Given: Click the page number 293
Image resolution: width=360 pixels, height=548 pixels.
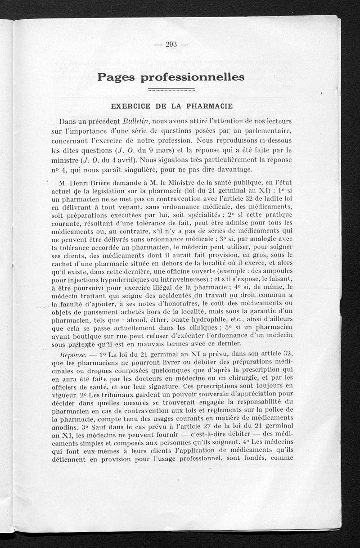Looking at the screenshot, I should coord(171,44).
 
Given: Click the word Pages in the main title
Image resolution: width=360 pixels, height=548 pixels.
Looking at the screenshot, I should coord(115,77).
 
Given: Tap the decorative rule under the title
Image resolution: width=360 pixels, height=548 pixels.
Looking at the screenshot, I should coord(171,89).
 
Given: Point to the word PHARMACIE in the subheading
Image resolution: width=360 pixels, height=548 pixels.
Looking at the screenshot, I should coord(208,107).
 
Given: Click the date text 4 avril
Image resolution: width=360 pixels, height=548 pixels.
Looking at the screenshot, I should coord(126,160).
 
